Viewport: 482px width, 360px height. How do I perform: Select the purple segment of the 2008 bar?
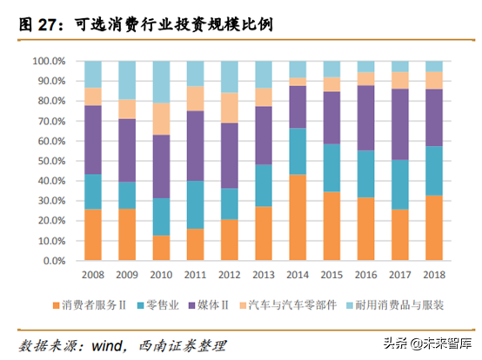93,140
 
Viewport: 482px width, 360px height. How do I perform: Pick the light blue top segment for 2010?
162,82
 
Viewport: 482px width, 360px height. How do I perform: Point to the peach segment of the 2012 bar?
230,108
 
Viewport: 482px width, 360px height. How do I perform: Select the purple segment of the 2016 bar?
366,117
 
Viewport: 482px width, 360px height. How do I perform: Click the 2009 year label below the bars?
127,274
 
